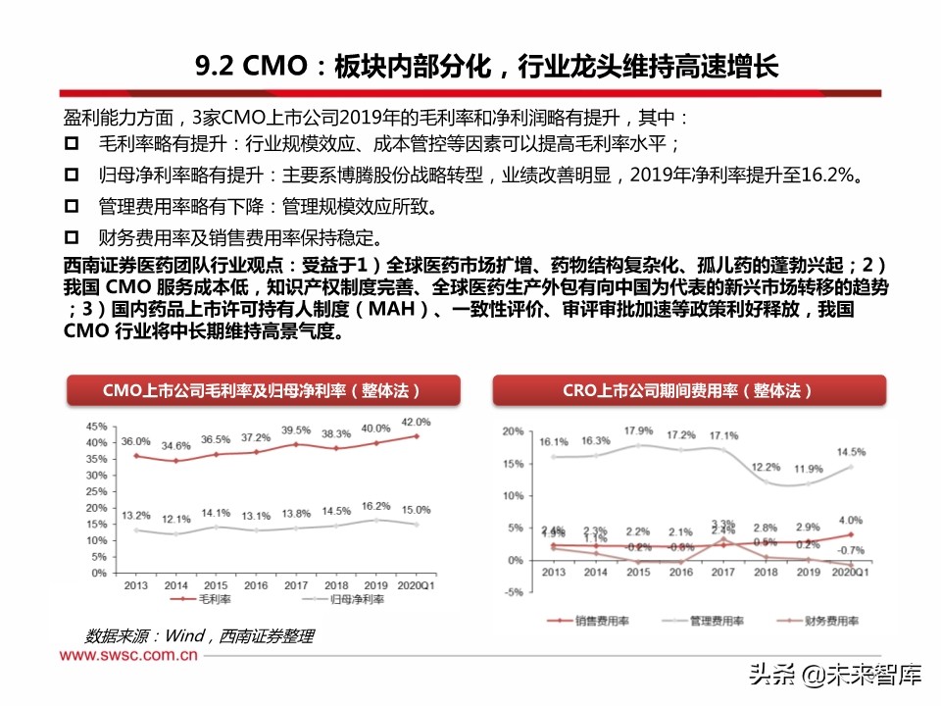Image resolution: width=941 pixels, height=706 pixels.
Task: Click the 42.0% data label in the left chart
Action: point(416,422)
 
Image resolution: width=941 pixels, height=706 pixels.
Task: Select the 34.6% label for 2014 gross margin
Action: point(176,446)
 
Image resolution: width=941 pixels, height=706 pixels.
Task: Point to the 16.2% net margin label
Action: point(375,507)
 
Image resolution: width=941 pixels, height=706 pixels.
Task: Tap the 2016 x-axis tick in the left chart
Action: point(256,585)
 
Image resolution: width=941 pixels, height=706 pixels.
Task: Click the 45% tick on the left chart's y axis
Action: point(96,427)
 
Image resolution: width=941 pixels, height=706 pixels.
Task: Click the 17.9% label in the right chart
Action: point(638,431)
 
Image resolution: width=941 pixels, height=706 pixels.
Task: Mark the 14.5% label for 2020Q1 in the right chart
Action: point(851,452)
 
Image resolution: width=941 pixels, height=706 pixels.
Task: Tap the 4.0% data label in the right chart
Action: point(850,521)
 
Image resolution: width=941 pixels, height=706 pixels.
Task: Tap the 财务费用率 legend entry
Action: point(826,622)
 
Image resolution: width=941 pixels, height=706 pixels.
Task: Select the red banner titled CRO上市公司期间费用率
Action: point(686,390)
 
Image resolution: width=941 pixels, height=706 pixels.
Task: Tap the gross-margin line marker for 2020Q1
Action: point(417,436)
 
